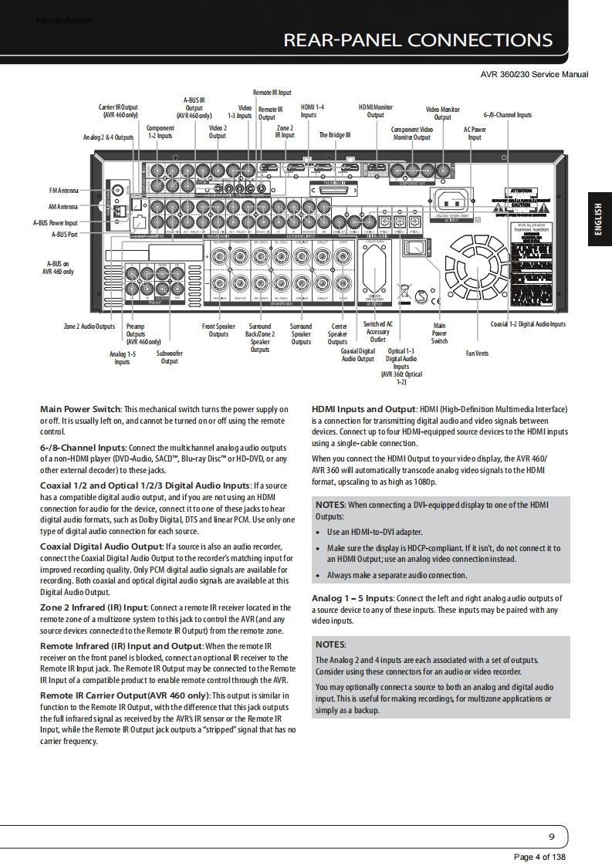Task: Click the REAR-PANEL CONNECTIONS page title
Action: pos(418,40)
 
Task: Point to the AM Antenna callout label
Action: pos(63,206)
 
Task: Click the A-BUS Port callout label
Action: pos(64,234)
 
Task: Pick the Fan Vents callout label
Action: pos(477,354)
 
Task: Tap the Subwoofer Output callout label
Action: pos(169,357)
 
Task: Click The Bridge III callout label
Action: pos(335,134)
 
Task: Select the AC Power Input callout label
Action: pos(475,134)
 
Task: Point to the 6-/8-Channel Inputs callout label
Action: pos(507,115)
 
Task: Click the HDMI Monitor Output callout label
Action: pos(375,111)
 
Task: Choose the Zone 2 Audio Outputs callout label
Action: pos(89,326)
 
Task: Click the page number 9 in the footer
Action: pos(551,837)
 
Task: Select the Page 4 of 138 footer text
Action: pos(539,857)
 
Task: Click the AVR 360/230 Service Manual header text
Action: pos(534,74)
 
